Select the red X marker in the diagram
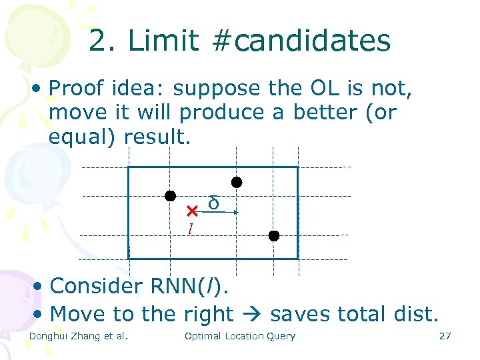[x=192, y=211]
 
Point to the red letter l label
[x=190, y=229]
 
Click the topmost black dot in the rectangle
[x=236, y=182]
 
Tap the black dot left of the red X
[x=171, y=196]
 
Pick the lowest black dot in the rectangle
[x=273, y=235]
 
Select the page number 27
[x=445, y=336]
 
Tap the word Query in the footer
[x=280, y=336]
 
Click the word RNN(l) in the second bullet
[x=194, y=286]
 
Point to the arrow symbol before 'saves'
[x=255, y=314]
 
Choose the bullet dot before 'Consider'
[x=39, y=287]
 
